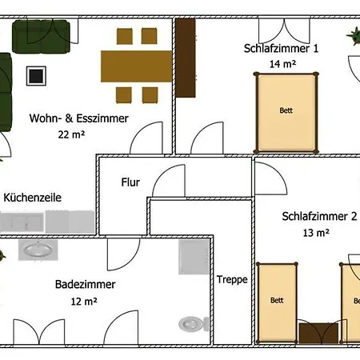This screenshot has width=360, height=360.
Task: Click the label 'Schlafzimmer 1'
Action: tap(281, 48)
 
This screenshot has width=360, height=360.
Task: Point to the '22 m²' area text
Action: tap(71, 134)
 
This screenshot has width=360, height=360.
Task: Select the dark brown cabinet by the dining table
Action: tap(186, 57)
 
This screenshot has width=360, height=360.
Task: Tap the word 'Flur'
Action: tap(130, 182)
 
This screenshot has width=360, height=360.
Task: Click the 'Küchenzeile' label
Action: tap(33, 197)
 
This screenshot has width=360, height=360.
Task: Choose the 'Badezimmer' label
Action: tap(86, 284)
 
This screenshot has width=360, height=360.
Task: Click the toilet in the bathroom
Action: tap(191, 324)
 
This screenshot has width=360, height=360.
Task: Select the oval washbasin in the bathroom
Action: tap(38, 250)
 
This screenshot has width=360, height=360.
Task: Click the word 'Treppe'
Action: tap(232, 280)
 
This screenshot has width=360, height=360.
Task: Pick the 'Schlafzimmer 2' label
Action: tap(319, 217)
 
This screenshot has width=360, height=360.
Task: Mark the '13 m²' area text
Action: tap(317, 233)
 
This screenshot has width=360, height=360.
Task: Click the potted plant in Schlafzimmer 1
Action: tap(353, 36)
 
